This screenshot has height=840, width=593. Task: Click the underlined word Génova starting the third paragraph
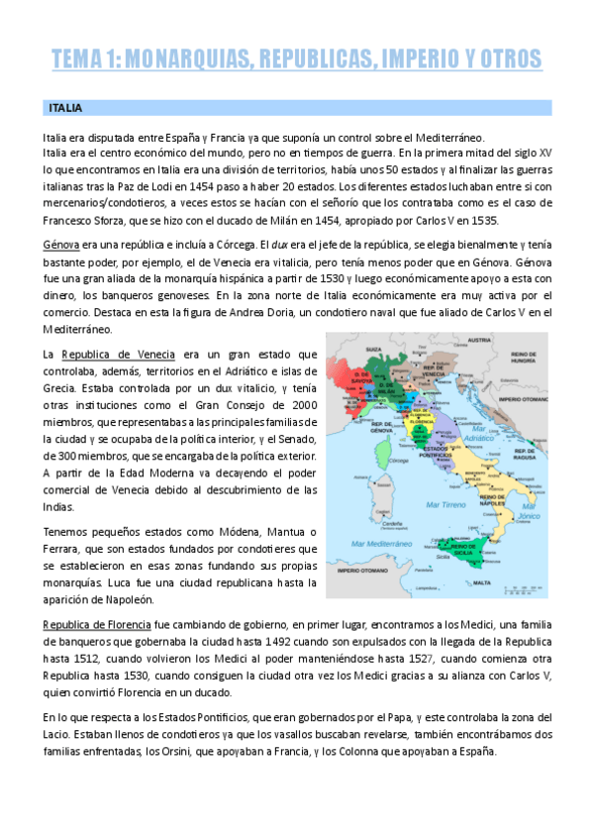[x=60, y=243]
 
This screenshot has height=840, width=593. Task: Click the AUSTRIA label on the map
[x=479, y=340]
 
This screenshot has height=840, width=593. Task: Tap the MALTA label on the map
[x=481, y=584]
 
